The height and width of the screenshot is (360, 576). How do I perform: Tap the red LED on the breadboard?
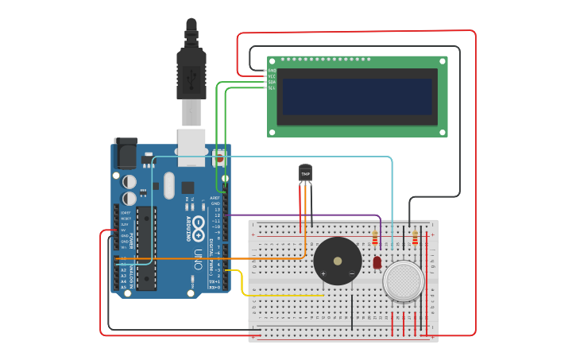tap(377, 261)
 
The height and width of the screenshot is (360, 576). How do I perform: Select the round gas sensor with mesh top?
tap(404, 281)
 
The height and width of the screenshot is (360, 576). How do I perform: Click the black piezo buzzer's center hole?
tap(338, 260)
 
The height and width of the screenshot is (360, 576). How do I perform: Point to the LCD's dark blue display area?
tap(357, 96)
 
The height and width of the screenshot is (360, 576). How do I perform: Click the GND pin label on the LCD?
tap(272, 70)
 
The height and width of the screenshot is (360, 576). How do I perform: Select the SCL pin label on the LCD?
tap(272, 87)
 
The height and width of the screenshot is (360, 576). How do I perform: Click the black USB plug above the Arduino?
tap(191, 72)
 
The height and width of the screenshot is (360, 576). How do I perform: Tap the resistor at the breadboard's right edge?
tap(416, 238)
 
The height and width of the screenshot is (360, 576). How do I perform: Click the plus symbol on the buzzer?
tap(323, 273)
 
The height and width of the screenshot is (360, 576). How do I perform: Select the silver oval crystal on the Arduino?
tap(168, 185)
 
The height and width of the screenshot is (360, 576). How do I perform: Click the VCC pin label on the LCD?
tap(272, 75)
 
